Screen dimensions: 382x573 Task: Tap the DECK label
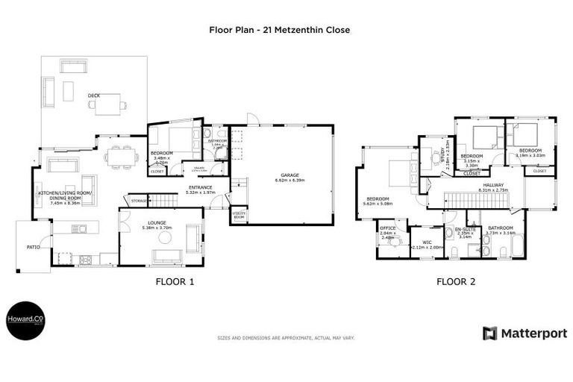tap(93, 95)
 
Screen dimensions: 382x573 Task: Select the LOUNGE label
tap(156, 223)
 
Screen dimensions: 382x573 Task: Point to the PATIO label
tap(33, 245)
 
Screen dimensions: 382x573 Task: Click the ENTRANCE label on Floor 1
tap(200, 187)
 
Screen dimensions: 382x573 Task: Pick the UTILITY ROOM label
tap(239, 215)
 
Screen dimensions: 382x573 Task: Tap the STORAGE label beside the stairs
tap(139, 201)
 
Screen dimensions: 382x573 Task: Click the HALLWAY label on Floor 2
tap(492, 185)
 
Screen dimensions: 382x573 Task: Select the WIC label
tap(427, 242)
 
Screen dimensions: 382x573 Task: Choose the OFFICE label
tap(387, 228)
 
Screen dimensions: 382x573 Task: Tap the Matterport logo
tap(524, 334)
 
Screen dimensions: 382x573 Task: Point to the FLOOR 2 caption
tap(455, 282)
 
